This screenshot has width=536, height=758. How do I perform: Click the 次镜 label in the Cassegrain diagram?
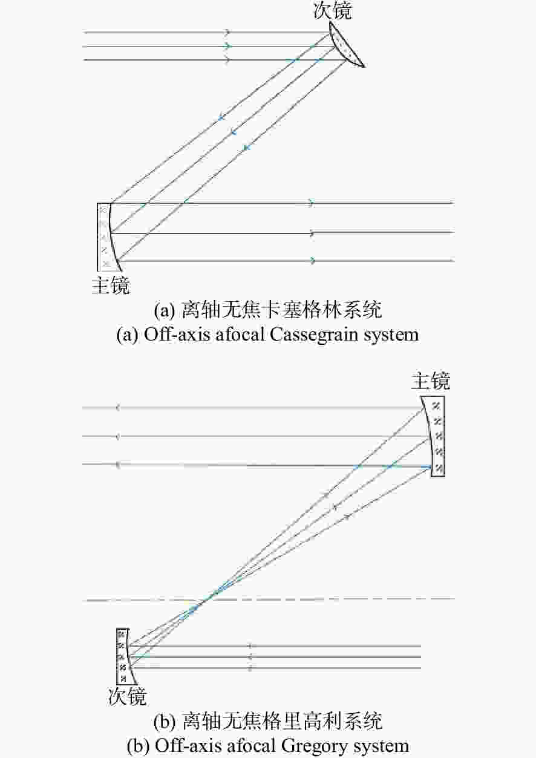point(333,10)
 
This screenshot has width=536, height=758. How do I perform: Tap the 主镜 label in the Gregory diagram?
point(431,381)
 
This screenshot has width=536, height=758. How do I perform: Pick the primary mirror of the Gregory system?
point(435,436)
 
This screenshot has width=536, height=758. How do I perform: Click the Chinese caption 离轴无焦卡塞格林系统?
point(282,309)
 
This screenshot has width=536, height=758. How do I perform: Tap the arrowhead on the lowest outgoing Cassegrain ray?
point(313,260)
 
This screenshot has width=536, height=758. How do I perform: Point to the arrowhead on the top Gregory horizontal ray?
point(117,408)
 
